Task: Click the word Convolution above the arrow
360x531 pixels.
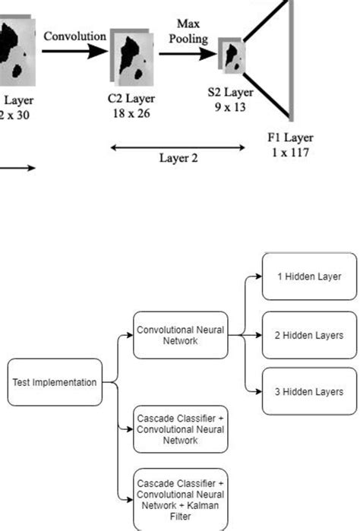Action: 74,36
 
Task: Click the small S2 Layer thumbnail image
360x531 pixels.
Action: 232,54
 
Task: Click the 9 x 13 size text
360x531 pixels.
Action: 231,107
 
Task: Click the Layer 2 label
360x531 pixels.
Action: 178,158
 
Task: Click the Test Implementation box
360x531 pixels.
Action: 54,382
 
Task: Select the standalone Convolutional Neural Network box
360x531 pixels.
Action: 179,335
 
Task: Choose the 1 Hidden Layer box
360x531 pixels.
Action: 308,277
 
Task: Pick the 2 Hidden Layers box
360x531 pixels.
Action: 308,335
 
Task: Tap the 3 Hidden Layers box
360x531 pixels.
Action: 308,391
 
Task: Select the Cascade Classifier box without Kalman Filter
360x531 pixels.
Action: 179,430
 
